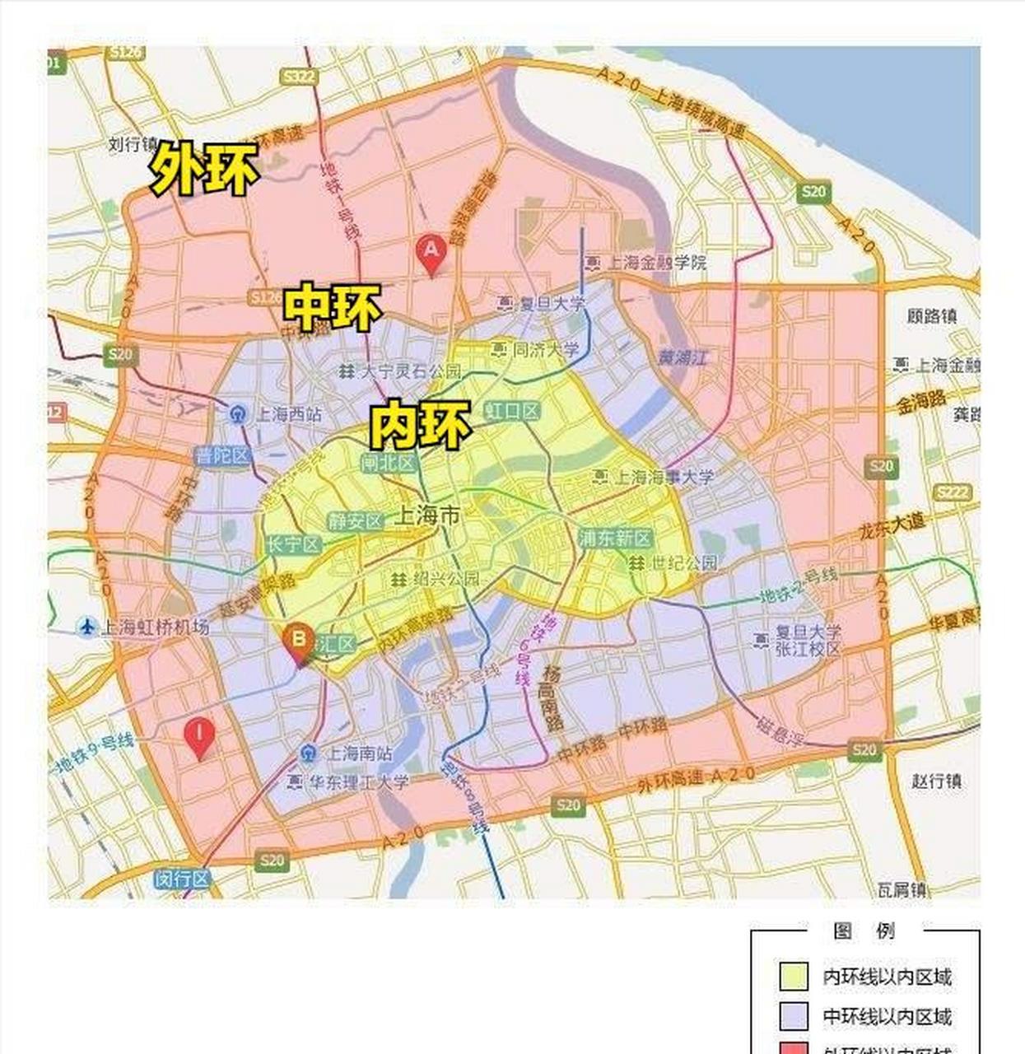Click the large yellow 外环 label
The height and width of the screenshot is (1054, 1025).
pos(204,169)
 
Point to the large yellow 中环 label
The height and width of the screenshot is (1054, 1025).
pos(333,307)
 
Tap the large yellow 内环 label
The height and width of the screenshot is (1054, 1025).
pos(420,424)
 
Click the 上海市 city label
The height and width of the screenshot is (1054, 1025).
pos(427,516)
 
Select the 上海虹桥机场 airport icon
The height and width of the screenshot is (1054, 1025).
pos(86,627)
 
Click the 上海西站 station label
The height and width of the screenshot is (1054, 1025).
pos(288,413)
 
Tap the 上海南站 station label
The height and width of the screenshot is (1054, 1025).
pos(360,753)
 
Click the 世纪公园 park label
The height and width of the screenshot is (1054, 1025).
pos(684,563)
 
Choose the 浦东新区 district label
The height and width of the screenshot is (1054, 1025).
pos(615,539)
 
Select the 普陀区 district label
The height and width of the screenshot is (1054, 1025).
pos(221,455)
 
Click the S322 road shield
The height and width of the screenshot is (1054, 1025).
pos(298,77)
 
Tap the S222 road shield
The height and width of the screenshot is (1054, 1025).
pos(953,492)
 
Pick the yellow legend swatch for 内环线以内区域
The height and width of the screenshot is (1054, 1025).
pos(793,976)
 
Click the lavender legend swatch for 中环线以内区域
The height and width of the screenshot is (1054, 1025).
pos(793,1016)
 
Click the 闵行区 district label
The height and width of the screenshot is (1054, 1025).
pos(182,879)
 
